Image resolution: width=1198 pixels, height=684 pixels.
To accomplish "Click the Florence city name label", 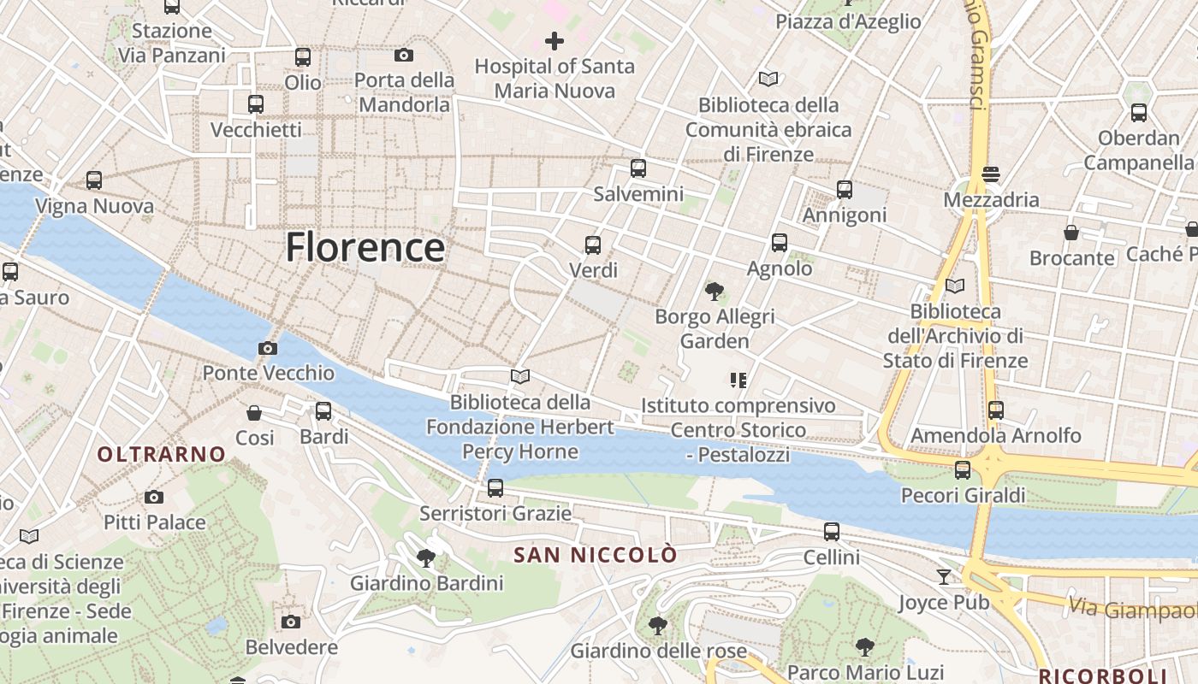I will pyautogui.click(x=365, y=248).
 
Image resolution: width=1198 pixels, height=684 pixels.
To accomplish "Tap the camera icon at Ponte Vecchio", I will pyautogui.click(x=268, y=348).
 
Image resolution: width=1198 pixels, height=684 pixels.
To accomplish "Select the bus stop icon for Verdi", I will pyautogui.click(x=593, y=245).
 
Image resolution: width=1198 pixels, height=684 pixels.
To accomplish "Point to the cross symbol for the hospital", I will pyautogui.click(x=555, y=40).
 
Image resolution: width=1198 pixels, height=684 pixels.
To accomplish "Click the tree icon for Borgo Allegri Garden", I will pyautogui.click(x=714, y=292).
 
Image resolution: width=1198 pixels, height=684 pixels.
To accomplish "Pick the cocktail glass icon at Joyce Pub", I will pyautogui.click(x=943, y=577).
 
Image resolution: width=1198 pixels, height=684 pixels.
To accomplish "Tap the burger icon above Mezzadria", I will pyautogui.click(x=991, y=174).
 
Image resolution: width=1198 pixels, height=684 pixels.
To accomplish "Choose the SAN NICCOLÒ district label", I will pyautogui.click(x=595, y=555).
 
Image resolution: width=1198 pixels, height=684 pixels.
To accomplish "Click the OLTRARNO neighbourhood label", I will pyautogui.click(x=162, y=454).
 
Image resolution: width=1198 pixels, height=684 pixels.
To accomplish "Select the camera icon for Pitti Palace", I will pyautogui.click(x=154, y=497).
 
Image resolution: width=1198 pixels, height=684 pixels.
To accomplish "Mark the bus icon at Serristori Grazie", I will pyautogui.click(x=495, y=488).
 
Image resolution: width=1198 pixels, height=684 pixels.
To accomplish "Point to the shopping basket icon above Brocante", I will pyautogui.click(x=1071, y=233).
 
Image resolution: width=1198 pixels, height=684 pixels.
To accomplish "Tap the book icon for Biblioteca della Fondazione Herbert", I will pyautogui.click(x=519, y=376).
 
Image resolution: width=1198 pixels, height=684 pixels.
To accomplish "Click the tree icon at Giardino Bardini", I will pyautogui.click(x=425, y=558).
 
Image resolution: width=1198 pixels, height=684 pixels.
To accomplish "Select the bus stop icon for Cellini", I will pyautogui.click(x=831, y=532).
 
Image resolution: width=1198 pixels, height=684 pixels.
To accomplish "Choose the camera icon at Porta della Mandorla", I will pyautogui.click(x=404, y=56).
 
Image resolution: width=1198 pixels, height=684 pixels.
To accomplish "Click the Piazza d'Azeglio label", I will pyautogui.click(x=848, y=21).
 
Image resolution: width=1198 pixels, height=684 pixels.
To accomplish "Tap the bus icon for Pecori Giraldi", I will pyautogui.click(x=963, y=469).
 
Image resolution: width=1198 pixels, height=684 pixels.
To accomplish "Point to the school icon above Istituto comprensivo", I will pyautogui.click(x=738, y=380).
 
